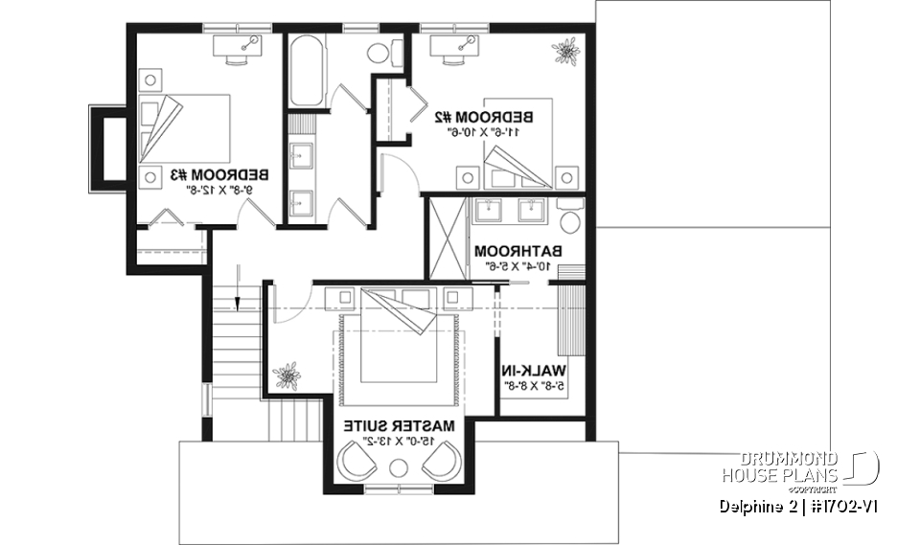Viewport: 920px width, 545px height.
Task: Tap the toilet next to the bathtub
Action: (379, 53)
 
